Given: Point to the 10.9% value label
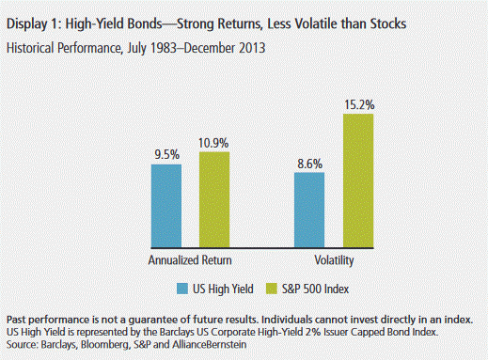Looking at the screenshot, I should pos(213,143).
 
